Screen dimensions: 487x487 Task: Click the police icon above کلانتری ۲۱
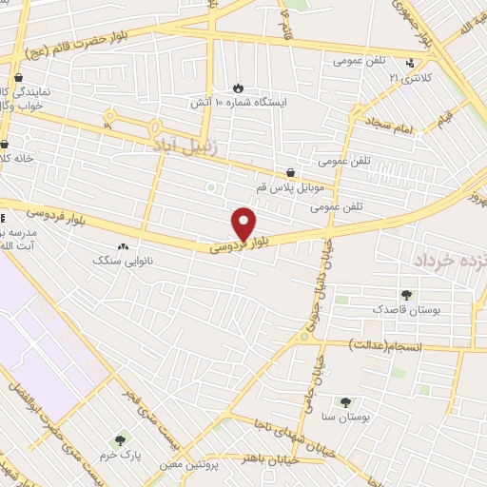[410, 64]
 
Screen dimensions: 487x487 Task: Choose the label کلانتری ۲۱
[412, 77]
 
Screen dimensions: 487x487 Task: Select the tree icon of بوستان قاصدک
[407, 295]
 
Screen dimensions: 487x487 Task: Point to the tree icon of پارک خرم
[120, 441]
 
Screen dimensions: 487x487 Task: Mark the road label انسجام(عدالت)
[392, 343]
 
